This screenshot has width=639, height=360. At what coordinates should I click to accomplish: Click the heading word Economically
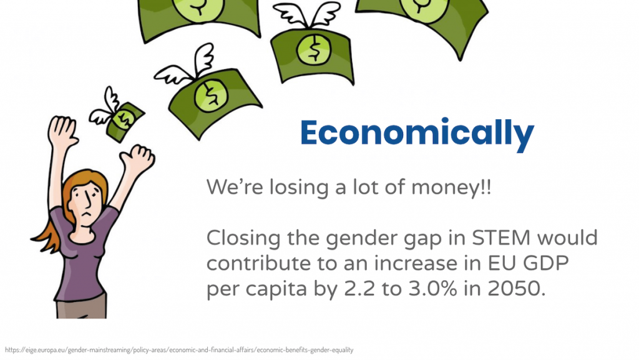417,133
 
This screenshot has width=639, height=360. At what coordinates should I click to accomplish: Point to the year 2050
516,289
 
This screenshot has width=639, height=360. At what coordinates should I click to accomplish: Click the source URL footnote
179,350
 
